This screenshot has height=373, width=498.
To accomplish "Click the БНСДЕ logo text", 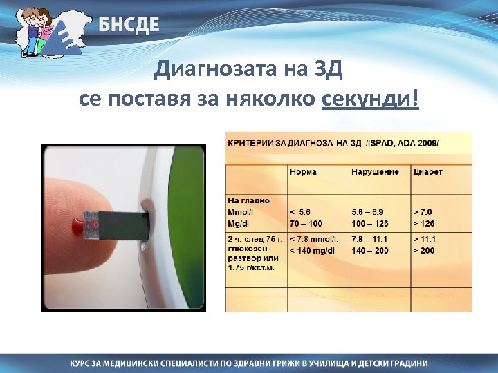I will [128, 26].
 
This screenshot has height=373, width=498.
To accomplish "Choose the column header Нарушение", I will [374, 171].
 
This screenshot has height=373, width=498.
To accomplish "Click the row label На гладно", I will [248, 200].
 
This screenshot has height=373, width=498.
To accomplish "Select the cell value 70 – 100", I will [306, 223].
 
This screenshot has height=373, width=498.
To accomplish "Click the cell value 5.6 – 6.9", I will [369, 211].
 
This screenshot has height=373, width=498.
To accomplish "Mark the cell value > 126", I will [424, 223].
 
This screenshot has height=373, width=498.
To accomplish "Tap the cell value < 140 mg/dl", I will [312, 250].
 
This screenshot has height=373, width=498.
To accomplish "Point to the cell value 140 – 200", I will [370, 250].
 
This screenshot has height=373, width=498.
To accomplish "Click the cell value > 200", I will [424, 250].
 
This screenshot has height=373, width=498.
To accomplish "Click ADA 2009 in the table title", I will [418, 143].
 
